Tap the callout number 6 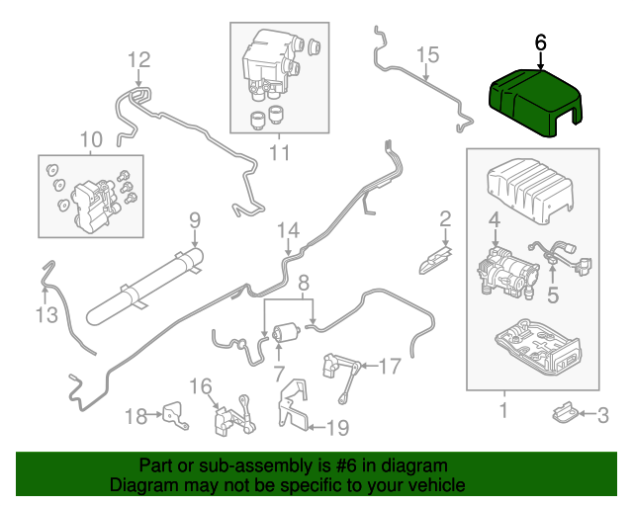pos(540,42)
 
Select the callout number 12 pos(137,58)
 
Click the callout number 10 pos(91,139)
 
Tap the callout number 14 pos(287,230)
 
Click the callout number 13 pos(45,314)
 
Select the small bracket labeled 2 pos(434,258)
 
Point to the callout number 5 pos(553,293)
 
